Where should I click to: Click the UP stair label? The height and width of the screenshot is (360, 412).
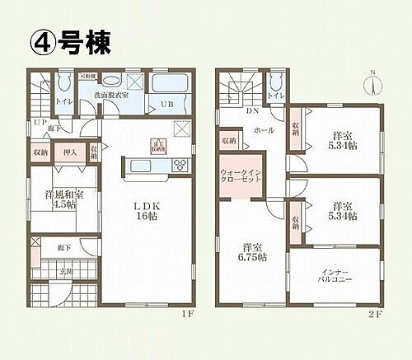(x=39, y=122)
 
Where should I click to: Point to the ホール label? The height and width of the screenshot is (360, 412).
(x=264, y=130)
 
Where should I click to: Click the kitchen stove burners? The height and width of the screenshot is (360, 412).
(x=180, y=166)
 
